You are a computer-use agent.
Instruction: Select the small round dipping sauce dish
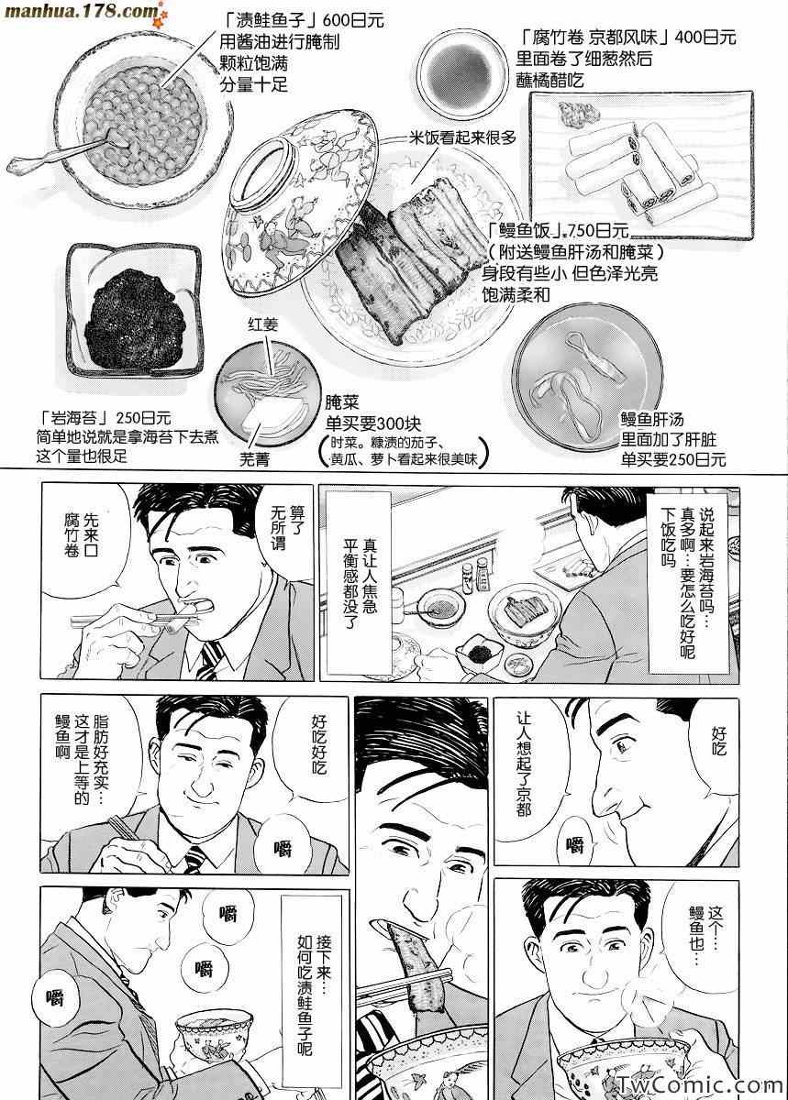pos(461,71)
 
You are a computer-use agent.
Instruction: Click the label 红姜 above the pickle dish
pos(263,324)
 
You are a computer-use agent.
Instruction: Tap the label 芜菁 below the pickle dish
pos(254,459)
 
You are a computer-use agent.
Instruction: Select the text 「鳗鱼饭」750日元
pos(558,230)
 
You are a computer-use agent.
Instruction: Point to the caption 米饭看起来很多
pos(462,137)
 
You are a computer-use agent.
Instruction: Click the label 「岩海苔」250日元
pos(105,418)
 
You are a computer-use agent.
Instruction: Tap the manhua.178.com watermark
pos(81,11)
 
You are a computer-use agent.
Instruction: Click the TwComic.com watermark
pos(700,1084)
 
